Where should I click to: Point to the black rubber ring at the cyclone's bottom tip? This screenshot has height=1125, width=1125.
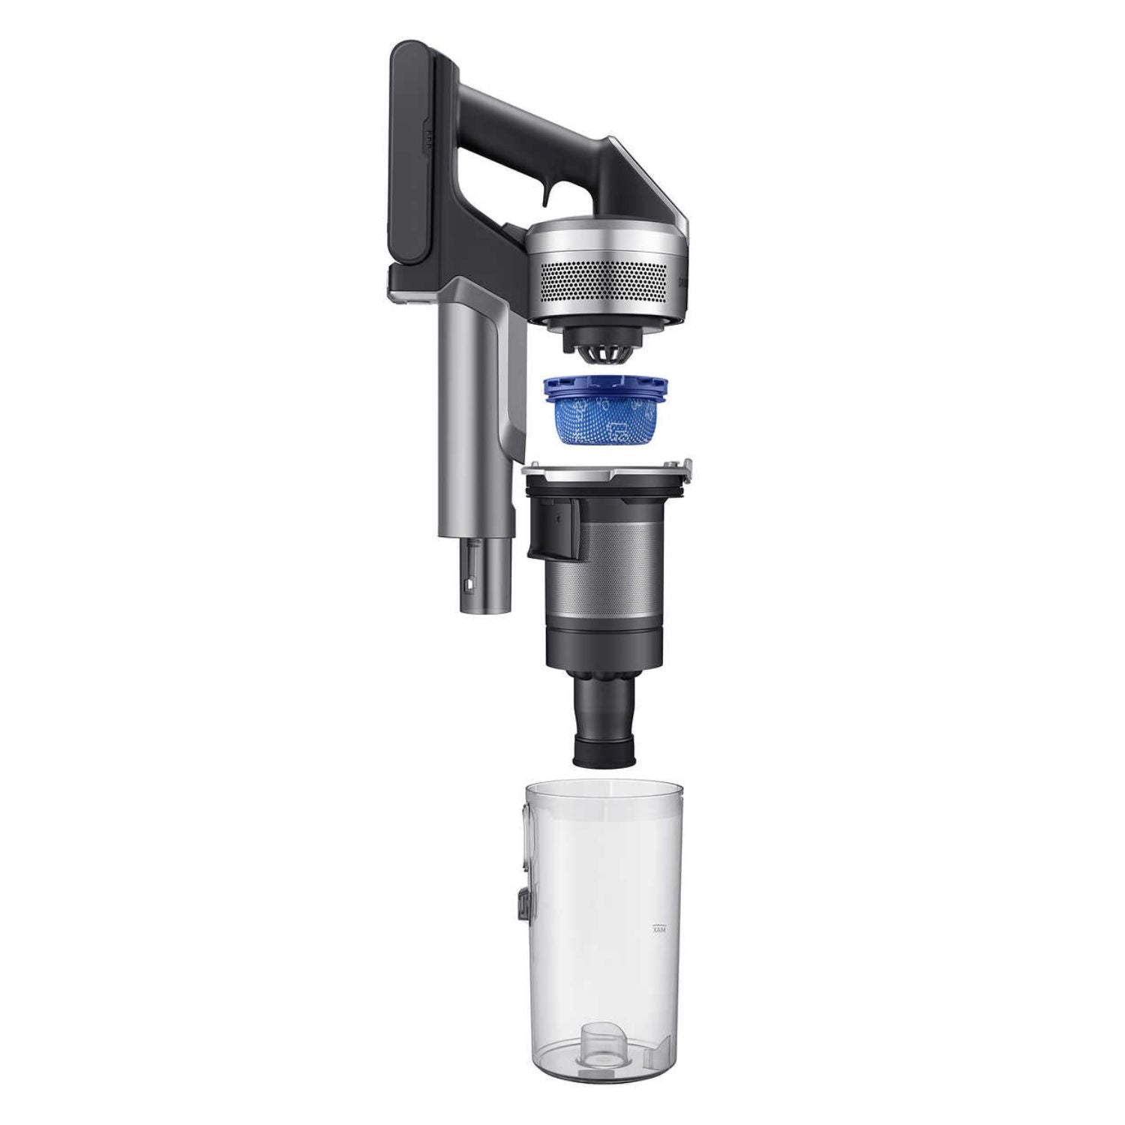(x=605, y=752)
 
